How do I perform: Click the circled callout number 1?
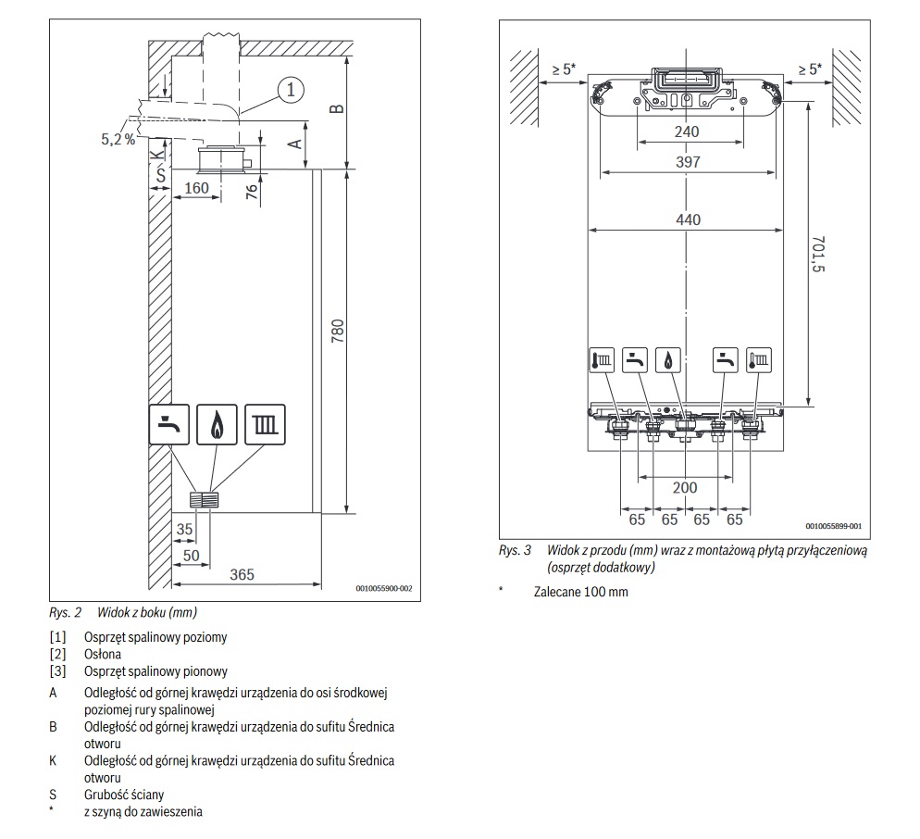(x=291, y=90)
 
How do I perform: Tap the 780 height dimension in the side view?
(x=338, y=332)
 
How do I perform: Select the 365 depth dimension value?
(x=242, y=574)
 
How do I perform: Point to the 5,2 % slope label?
(x=118, y=139)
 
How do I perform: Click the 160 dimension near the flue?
(x=196, y=188)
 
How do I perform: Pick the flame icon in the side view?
(x=218, y=424)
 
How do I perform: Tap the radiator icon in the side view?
(x=266, y=424)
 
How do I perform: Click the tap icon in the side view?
(x=169, y=424)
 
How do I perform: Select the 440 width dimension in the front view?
(x=688, y=219)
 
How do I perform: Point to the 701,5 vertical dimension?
(x=817, y=255)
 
